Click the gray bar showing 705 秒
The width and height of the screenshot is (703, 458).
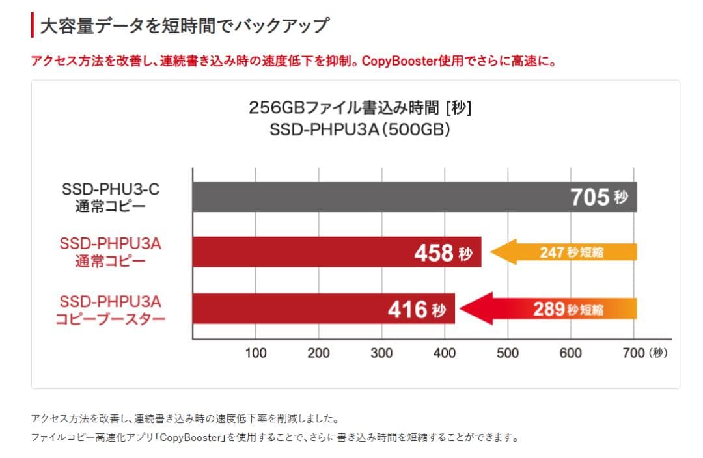coord(414,197)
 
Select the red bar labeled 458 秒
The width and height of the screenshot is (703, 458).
coord(337,252)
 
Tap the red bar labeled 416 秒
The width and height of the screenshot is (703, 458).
coord(324,308)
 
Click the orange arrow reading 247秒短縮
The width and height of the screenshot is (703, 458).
coord(564,252)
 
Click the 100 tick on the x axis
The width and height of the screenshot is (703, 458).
coord(255,353)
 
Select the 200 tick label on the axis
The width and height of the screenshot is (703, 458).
coord(318,353)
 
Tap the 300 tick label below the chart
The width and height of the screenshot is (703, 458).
coord(381,353)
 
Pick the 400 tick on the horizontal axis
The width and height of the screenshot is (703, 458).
coord(445,353)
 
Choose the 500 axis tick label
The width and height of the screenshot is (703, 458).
coord(508,353)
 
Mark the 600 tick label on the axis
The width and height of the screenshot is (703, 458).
coord(570,353)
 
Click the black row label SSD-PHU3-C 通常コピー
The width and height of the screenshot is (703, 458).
coord(110,198)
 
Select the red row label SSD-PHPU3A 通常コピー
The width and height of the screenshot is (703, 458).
coord(110,253)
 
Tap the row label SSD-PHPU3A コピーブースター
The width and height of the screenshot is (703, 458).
coord(110,309)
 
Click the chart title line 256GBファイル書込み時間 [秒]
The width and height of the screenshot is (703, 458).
coord(360,107)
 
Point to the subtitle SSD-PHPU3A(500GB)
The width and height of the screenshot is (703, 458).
coord(360,129)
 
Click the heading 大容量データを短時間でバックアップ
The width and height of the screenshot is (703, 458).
coord(184,26)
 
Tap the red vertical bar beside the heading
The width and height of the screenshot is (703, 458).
coord(33,25)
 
